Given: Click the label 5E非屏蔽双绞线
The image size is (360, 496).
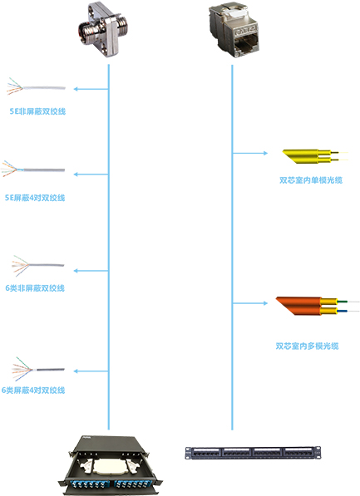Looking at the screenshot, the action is coord(37,111).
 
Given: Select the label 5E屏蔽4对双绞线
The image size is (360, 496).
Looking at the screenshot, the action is coord(35,198).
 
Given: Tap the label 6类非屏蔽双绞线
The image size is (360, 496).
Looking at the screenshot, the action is coord(35,288).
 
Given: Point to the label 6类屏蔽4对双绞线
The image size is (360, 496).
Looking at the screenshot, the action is coord(33,390).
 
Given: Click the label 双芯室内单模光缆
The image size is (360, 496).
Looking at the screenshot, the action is coord(311,180).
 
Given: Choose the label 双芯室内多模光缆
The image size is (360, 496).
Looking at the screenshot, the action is coord(307,346).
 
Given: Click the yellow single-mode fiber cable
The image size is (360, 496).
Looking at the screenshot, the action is coord(315,156).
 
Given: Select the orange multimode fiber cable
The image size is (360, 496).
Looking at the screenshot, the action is coord(318,306).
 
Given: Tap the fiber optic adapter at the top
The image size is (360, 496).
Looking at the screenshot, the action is coord(104,30).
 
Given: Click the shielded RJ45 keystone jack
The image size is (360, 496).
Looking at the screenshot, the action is coord(234,30).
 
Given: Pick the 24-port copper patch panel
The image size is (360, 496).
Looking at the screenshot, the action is coord(253,453).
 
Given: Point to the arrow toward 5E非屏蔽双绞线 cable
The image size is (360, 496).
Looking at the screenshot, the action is coord(91,89).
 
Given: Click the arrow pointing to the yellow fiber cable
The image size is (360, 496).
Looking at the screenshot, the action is coord(250,153).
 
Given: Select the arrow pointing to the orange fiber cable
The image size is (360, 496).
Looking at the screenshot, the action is coord(250,303).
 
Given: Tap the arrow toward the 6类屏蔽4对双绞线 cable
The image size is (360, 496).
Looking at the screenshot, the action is coord(91,371).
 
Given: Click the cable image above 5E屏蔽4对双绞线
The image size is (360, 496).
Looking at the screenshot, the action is coord(33,169).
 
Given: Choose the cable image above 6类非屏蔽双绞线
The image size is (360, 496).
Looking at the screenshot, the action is coord(37,265).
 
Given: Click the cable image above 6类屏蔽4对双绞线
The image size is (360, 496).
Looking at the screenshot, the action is coord(37,369).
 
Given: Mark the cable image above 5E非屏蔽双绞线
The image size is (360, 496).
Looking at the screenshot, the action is coord(36,86).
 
